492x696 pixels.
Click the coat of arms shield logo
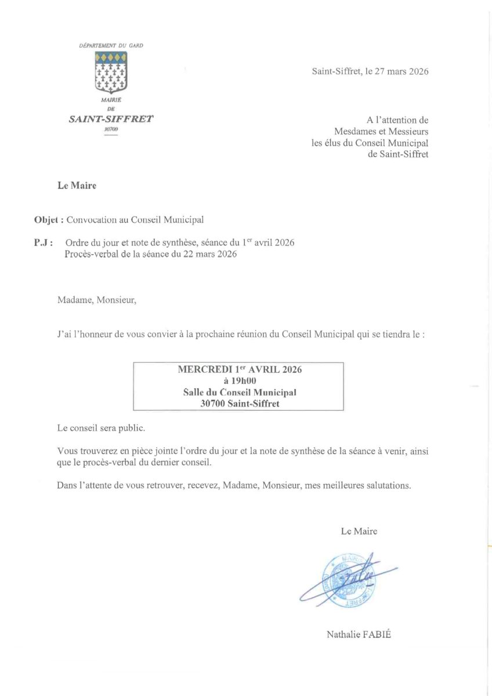tap(111, 72)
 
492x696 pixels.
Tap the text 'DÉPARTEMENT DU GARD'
tap(111, 45)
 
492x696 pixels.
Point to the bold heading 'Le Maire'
tap(77, 186)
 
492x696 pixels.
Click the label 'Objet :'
tap(49, 220)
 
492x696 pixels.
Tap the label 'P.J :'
tap(44, 242)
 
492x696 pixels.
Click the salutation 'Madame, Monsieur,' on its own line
tap(97, 300)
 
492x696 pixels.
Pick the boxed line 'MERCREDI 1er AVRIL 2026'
tap(240, 369)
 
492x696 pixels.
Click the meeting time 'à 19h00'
tap(240, 381)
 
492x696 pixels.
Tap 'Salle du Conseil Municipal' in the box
tap(240, 393)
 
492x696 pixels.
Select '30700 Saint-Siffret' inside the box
tap(240, 404)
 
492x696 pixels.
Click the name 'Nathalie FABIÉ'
tap(359, 634)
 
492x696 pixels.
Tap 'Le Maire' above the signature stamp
tap(359, 531)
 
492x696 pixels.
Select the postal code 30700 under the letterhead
tap(110, 130)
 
